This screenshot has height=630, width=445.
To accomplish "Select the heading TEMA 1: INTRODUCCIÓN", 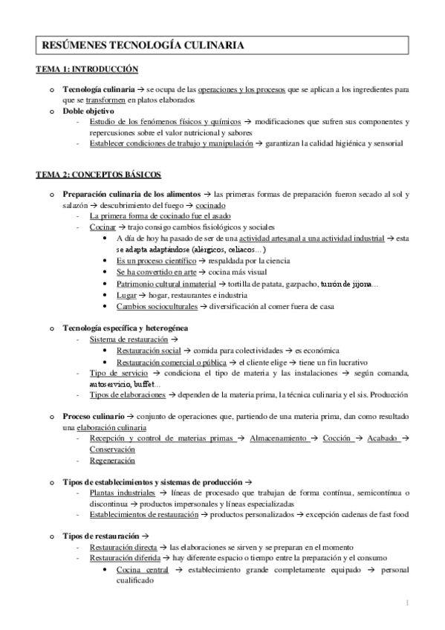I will point(88,69).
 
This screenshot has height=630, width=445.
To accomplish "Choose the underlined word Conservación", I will point(113,449).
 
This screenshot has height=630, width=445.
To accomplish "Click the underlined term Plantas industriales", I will point(122,493).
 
